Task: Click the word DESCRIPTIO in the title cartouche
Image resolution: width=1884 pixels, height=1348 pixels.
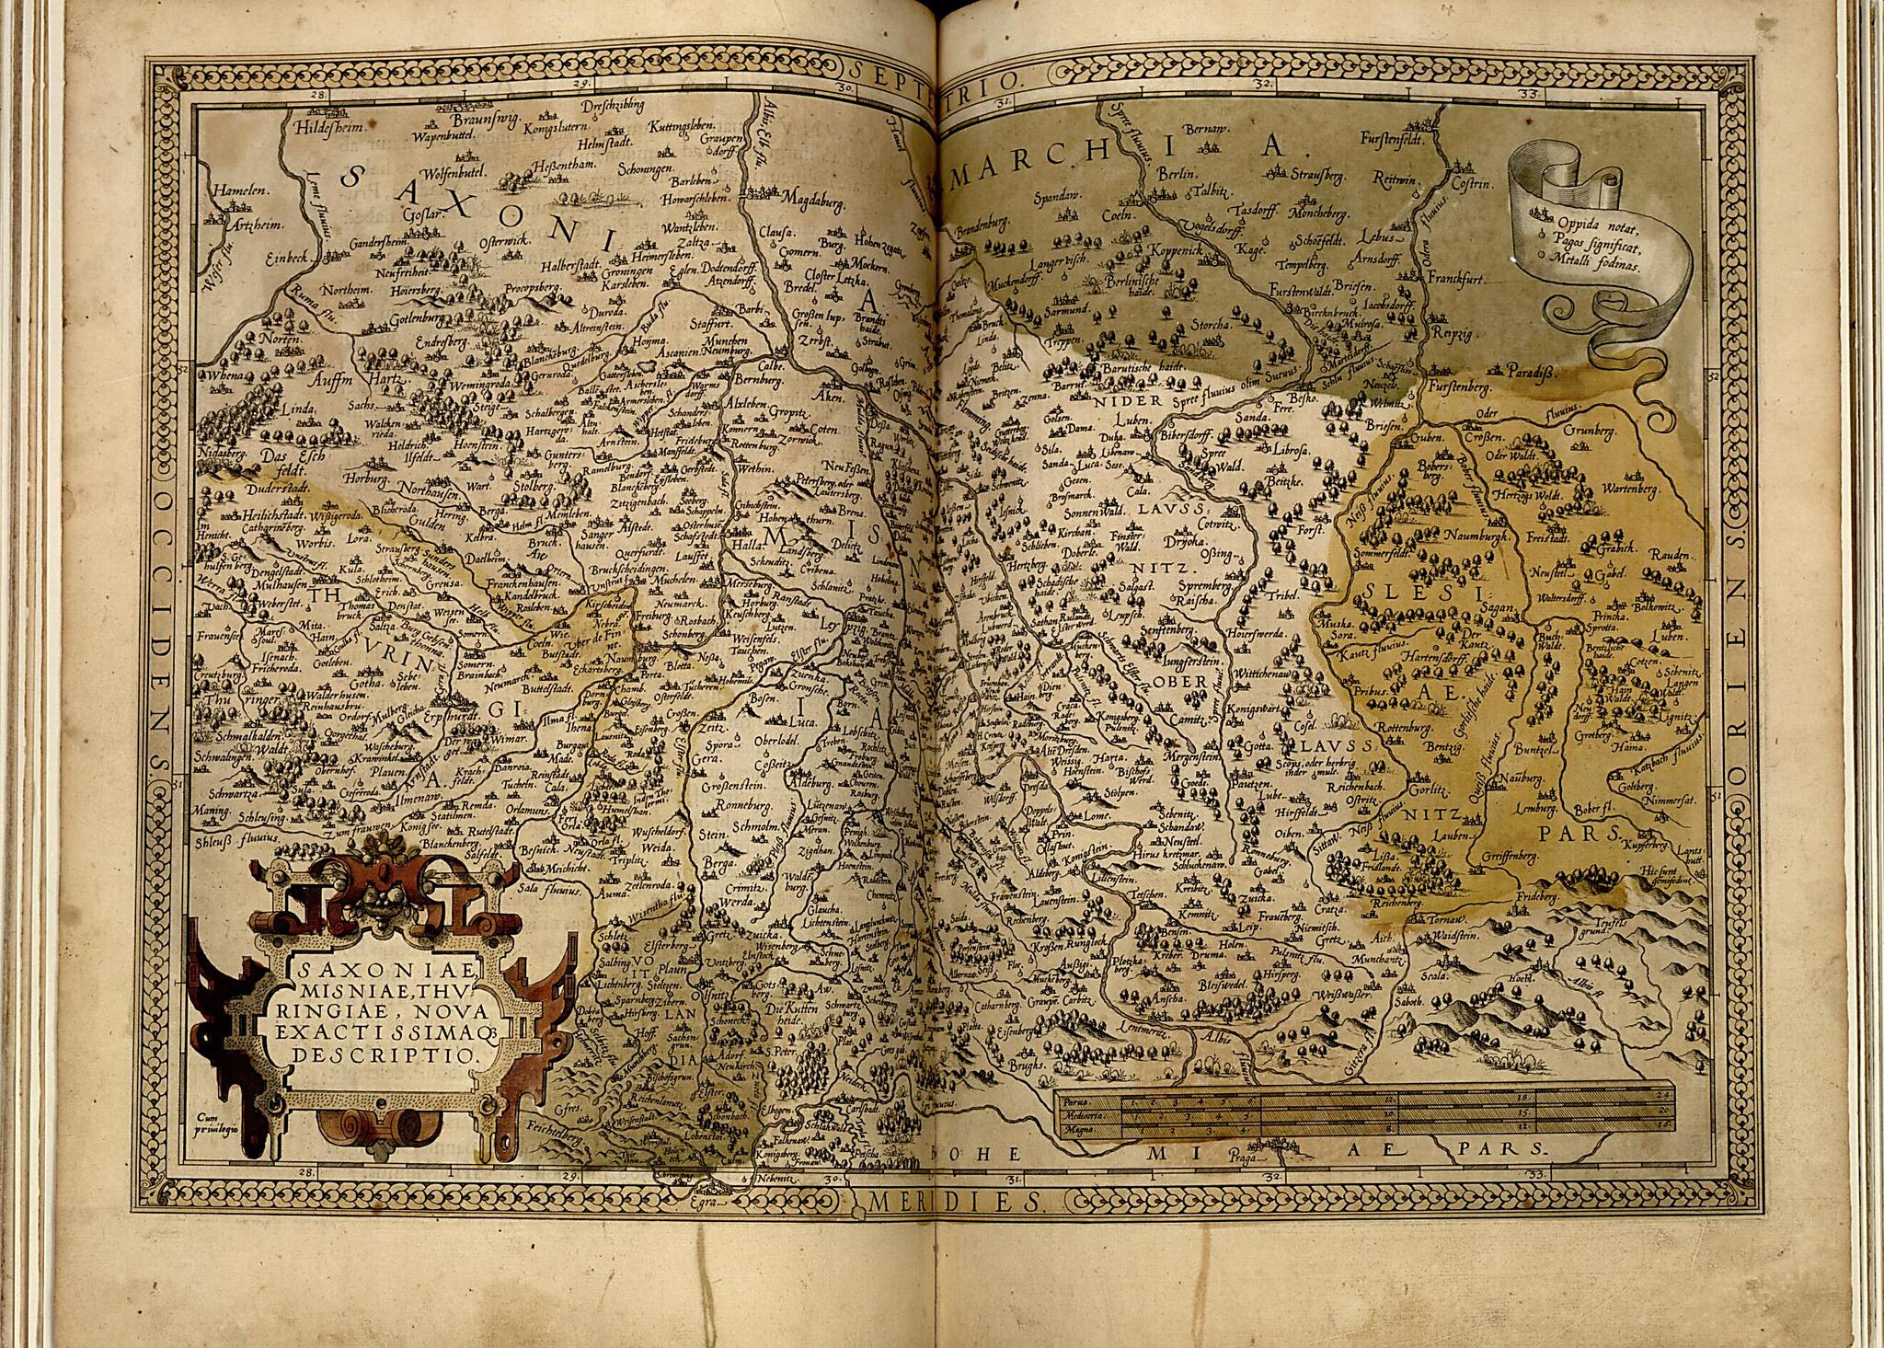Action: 385,1055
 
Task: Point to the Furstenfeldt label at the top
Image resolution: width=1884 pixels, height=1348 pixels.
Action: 1393,139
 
